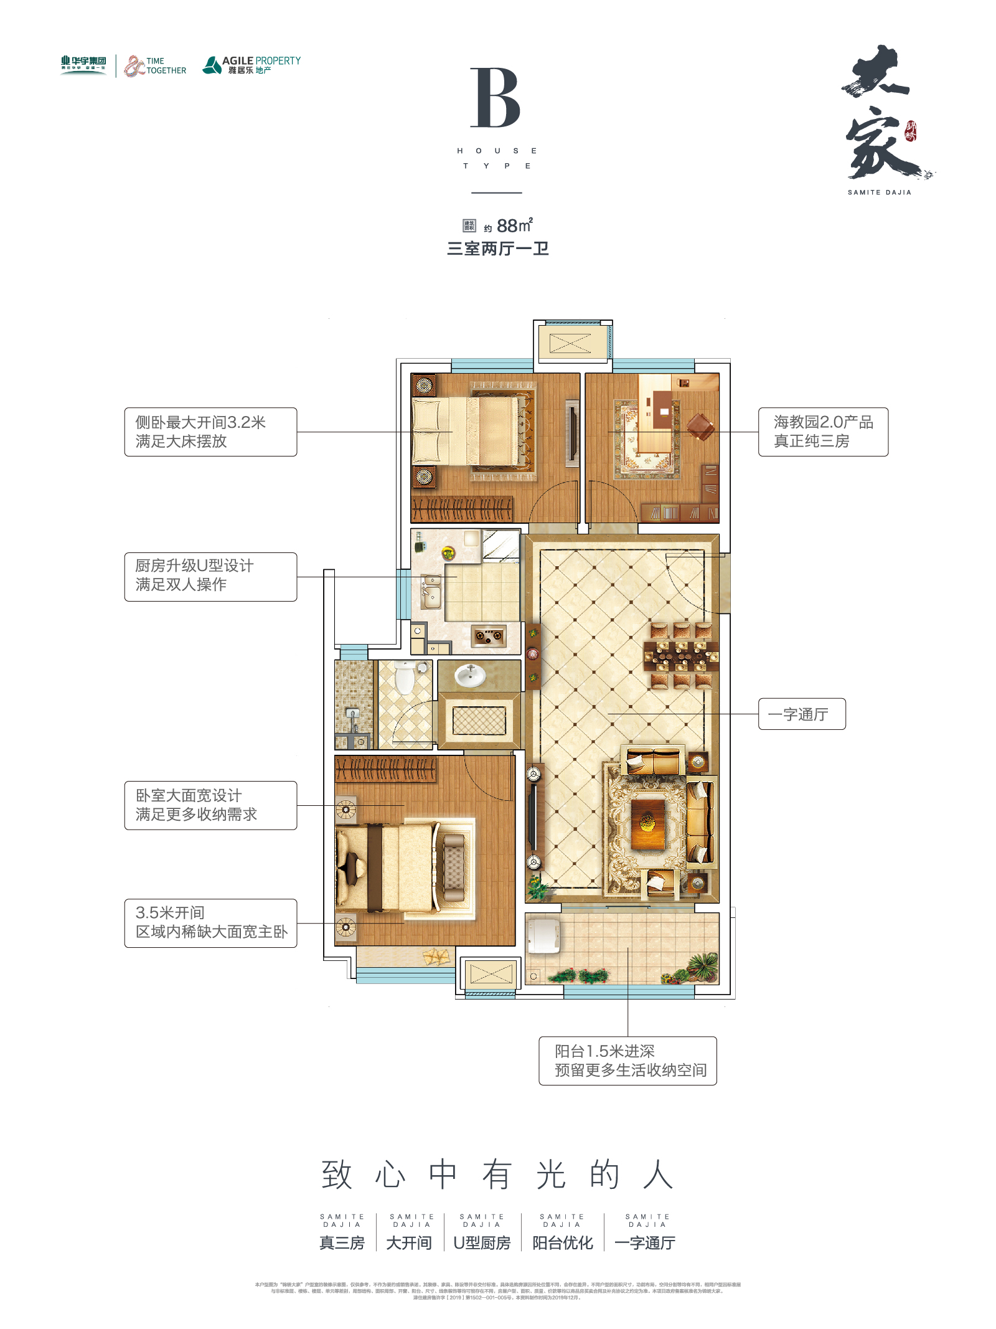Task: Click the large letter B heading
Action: point(495,98)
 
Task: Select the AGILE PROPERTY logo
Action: point(251,65)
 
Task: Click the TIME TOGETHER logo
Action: point(156,65)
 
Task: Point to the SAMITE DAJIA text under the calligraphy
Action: point(879,192)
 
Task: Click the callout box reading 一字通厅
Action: point(801,714)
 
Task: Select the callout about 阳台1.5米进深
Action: point(627,1061)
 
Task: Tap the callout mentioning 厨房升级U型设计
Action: point(210,576)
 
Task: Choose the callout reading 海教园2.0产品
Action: point(822,432)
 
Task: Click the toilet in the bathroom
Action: point(405,677)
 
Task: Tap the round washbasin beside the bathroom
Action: point(470,676)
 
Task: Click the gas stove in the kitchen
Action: point(489,636)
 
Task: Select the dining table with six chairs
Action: point(681,656)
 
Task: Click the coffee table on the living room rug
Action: point(647,823)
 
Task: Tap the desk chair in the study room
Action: point(701,427)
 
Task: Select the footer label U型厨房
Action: point(482,1243)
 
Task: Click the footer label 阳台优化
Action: point(562,1243)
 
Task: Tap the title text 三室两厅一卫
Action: point(497,249)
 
